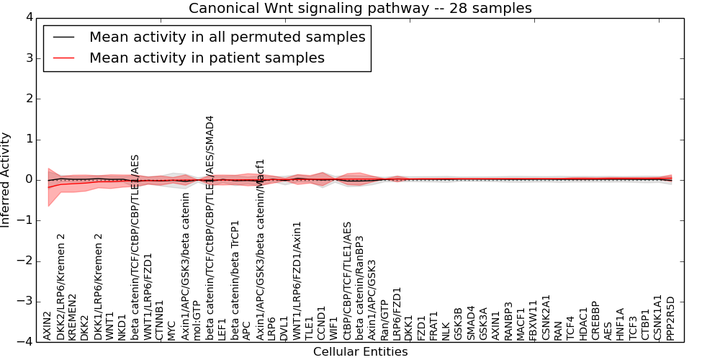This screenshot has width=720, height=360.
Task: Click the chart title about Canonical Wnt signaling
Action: point(360,9)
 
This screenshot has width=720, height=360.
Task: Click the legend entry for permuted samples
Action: point(227,37)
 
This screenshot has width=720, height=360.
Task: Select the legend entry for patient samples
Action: point(207,58)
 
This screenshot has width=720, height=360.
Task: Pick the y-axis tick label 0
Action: point(28,179)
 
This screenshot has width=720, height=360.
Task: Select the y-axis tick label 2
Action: point(28,99)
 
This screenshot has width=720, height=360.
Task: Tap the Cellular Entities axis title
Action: point(360,352)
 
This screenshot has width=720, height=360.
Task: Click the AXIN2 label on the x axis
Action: point(48,325)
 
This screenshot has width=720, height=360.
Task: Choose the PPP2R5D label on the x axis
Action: point(671,318)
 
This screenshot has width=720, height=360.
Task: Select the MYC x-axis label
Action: point(171,330)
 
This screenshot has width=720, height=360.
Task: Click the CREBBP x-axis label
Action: point(595,321)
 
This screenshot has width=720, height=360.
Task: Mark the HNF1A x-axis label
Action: point(621,324)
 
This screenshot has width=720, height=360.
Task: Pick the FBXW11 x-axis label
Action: point(533,320)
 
